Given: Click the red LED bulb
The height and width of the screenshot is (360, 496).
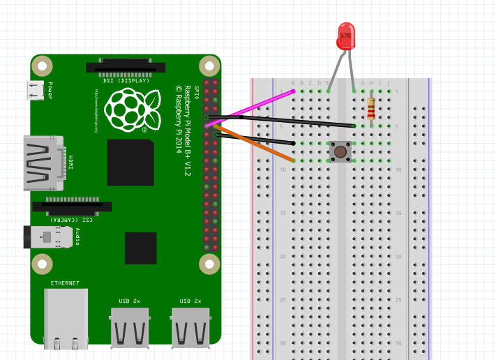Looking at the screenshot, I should pos(346,35).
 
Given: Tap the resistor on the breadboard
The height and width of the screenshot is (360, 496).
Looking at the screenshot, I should pos(370,109).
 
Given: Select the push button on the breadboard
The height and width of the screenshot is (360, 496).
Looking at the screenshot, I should pos(340,151).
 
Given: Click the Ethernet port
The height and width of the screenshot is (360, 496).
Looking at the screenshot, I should pos(66,317).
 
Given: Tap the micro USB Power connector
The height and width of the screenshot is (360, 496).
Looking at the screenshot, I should pos(35,89).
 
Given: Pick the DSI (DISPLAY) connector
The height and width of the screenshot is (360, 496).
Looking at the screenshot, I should pos(126,68).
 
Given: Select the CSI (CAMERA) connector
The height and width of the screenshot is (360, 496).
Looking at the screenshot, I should pos(72,207).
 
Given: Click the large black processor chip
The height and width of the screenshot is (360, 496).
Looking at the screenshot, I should pos(130,163).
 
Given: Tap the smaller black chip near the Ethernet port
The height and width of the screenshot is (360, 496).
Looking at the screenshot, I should pos(140,248).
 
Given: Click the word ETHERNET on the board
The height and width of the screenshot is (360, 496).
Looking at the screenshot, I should pos(65,283).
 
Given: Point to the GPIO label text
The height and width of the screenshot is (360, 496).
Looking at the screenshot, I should pos(197,93).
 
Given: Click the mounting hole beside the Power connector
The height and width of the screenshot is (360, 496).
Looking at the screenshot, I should pos(43,67).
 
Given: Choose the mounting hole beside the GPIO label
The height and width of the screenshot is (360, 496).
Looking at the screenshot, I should pos(209,67).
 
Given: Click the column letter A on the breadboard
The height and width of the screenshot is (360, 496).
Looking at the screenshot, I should pos(293,82).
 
